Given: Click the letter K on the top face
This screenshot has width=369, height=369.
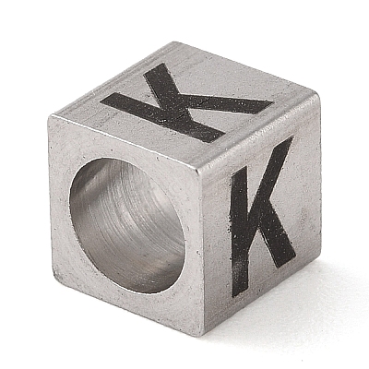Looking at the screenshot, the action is [184, 104].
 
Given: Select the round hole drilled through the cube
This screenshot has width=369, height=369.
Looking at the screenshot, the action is [127, 225].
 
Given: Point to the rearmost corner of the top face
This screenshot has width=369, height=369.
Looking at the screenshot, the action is [176, 42].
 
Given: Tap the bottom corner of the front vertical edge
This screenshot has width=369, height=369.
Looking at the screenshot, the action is [202, 336].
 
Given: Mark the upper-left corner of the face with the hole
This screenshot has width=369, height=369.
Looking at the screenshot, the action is [49, 115].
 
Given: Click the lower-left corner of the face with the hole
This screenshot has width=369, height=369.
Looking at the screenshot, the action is [54, 275].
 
